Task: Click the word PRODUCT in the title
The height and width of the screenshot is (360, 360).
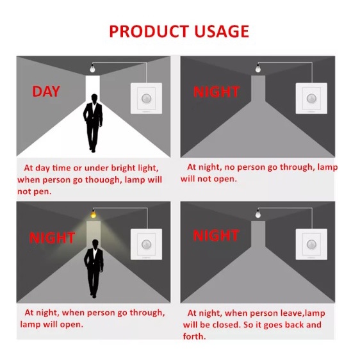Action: [x=149, y=31]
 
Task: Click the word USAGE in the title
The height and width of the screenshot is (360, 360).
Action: [x=222, y=31]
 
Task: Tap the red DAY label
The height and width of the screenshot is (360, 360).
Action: [x=46, y=91]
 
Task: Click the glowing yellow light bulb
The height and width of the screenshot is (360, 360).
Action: [x=94, y=214]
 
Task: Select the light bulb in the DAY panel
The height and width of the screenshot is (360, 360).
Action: [x=92, y=68]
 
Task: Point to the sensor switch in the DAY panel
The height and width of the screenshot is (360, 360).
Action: [x=146, y=98]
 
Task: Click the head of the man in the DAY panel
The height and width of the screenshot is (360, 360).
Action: [x=94, y=98]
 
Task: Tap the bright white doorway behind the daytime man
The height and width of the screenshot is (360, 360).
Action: [x=93, y=88]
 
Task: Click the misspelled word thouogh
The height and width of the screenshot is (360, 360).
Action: [x=102, y=179]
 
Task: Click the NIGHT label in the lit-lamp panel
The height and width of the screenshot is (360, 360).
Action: [x=52, y=238]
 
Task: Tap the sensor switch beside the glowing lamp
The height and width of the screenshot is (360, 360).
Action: [x=146, y=244]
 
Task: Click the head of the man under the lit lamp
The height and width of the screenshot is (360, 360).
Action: [x=95, y=244]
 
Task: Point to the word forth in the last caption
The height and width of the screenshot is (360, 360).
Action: [x=194, y=336]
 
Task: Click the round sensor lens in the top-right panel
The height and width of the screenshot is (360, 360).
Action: [x=311, y=98]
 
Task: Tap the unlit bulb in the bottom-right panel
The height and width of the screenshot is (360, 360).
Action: [x=258, y=214]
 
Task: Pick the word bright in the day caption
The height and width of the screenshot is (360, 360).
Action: [x=123, y=168]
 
